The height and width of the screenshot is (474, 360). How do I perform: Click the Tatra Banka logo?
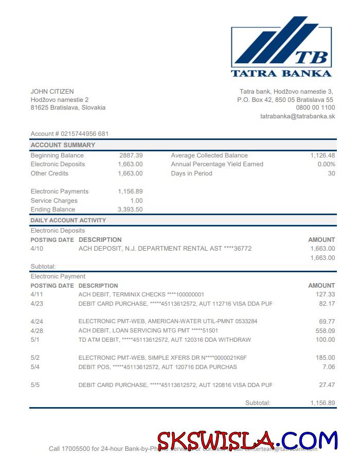[281, 46]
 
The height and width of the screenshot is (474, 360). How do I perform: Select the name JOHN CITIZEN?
[52, 92]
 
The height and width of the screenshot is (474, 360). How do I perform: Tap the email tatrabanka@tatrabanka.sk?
[297, 116]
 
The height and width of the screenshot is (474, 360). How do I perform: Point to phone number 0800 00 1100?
[315, 108]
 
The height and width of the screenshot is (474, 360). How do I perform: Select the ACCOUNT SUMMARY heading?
[63, 145]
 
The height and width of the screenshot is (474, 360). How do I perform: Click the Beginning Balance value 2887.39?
[131, 155]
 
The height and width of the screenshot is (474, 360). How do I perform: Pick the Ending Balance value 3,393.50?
[130, 209]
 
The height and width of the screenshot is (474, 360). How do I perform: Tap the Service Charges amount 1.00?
[136, 201]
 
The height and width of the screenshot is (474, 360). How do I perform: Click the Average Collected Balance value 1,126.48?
[322, 155]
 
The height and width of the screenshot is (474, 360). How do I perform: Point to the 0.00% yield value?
[326, 164]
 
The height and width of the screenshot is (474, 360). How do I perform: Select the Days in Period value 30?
[331, 173]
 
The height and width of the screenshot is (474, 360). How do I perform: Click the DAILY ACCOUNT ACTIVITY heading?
[68, 220]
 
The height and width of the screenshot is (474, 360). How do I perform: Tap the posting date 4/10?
[37, 249]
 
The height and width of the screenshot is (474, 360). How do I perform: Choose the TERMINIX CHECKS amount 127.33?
[325, 294]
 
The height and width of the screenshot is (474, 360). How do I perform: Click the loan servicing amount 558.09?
[325, 331]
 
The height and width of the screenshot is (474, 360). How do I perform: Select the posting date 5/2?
[35, 358]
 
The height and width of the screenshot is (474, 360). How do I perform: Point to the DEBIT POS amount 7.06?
[328, 367]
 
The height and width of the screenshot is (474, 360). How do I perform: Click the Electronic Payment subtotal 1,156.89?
[322, 403]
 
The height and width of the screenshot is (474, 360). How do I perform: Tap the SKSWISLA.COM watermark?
[247, 441]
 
